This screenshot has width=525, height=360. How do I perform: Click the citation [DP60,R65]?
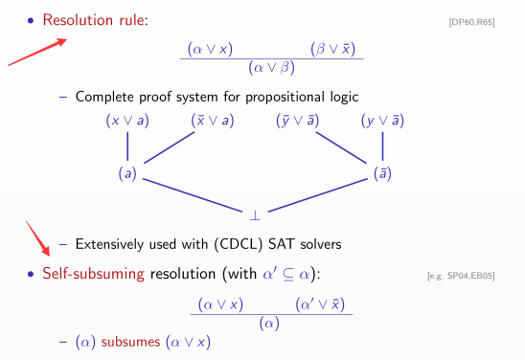pos(471,22)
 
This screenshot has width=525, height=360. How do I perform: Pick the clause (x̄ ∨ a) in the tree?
pos(214,121)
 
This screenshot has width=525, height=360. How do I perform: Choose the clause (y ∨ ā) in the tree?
pos(382,121)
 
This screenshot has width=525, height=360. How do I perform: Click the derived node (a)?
pos(126,175)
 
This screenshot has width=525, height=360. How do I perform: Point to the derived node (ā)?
pos(382,175)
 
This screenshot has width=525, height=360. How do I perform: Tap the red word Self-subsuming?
pos(93,275)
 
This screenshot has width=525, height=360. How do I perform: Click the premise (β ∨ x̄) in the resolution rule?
pos(338,47)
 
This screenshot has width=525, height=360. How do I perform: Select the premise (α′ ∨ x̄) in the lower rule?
pos(322,304)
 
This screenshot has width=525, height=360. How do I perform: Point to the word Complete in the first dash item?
pos(103,97)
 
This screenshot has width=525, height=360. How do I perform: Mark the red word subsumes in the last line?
pos(133,342)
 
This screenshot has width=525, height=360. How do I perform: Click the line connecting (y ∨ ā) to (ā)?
pos(382,147)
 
